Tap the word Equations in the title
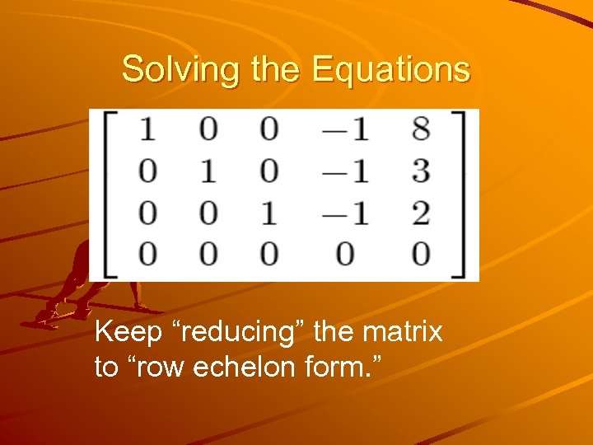click(x=391, y=69)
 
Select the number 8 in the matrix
click(x=420, y=129)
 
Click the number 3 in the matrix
click(x=420, y=171)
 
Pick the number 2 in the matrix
click(x=420, y=213)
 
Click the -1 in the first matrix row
click(x=344, y=129)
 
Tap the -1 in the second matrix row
click(x=344, y=171)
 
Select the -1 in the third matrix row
click(x=344, y=213)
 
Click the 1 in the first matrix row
click(x=147, y=129)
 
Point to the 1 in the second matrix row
click(x=209, y=171)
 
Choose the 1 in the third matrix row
click(x=269, y=213)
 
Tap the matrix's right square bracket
click(x=470, y=195)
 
